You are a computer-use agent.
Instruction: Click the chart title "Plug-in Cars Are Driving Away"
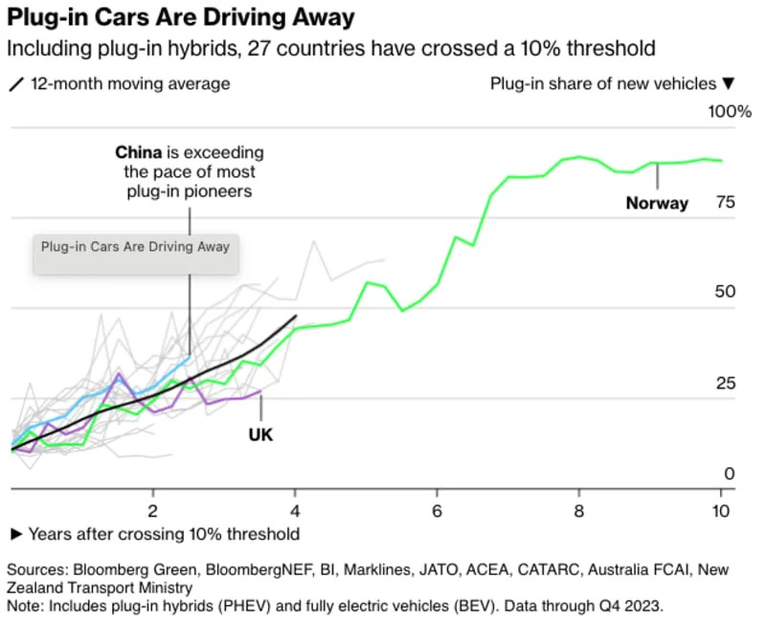pyautogui.click(x=181, y=18)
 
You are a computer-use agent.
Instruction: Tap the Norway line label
pyautogui.click(x=657, y=203)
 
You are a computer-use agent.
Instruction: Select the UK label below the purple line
pyautogui.click(x=260, y=434)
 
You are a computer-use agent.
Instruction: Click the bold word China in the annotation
pyautogui.click(x=144, y=152)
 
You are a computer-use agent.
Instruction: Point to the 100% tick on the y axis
pyautogui.click(x=729, y=112)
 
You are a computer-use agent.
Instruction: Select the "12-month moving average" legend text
pyautogui.click(x=130, y=83)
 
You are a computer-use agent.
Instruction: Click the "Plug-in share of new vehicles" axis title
pyautogui.click(x=603, y=83)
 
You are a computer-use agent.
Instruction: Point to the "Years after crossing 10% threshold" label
pyautogui.click(x=164, y=534)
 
